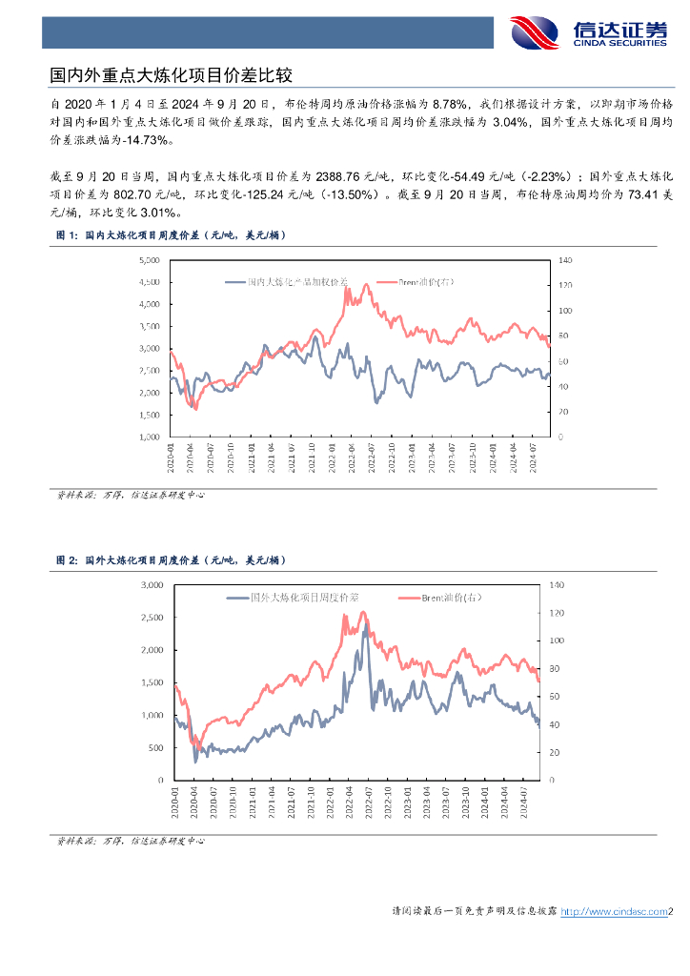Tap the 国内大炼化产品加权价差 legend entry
click(x=286, y=282)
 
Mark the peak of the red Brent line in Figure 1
click(x=345, y=286)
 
